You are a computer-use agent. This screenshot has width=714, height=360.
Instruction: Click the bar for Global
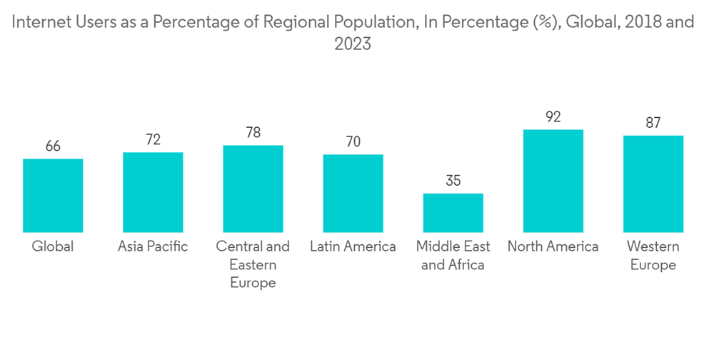pyautogui.click(x=53, y=195)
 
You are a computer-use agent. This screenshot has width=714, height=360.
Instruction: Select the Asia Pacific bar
pyautogui.click(x=153, y=192)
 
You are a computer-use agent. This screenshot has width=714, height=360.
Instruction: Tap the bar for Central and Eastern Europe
pyautogui.click(x=253, y=189)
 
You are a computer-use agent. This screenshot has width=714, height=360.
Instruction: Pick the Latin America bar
pyautogui.click(x=353, y=193)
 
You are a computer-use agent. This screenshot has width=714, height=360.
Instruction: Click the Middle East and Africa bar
pyautogui.click(x=453, y=212)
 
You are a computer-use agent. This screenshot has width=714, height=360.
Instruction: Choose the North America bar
pyautogui.click(x=553, y=181)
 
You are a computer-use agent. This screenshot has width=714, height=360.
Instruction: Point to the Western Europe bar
pyautogui.click(x=653, y=184)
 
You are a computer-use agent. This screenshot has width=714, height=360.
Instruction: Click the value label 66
pyautogui.click(x=53, y=146)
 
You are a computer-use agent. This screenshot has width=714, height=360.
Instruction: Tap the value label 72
pyautogui.click(x=153, y=140)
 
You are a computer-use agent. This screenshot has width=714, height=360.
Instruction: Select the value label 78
pyautogui.click(x=253, y=133)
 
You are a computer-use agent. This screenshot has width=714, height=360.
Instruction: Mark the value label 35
pyautogui.click(x=453, y=181)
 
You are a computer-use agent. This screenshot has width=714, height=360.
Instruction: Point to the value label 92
pyautogui.click(x=553, y=117)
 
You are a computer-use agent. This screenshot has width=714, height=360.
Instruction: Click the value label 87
pyautogui.click(x=653, y=123)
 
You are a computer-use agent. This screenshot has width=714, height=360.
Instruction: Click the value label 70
pyautogui.click(x=353, y=142)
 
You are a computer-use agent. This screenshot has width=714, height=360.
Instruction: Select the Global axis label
pyautogui.click(x=53, y=246)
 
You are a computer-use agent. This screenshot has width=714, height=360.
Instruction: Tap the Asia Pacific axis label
pyautogui.click(x=153, y=246)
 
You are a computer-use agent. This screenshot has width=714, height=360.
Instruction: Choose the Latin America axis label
pyautogui.click(x=353, y=246)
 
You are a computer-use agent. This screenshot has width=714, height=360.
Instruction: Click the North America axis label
pyautogui.click(x=553, y=246)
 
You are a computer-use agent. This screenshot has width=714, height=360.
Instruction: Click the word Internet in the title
pyautogui.click(x=41, y=22)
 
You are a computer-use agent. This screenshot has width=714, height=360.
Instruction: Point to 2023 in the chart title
pyautogui.click(x=353, y=44)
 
